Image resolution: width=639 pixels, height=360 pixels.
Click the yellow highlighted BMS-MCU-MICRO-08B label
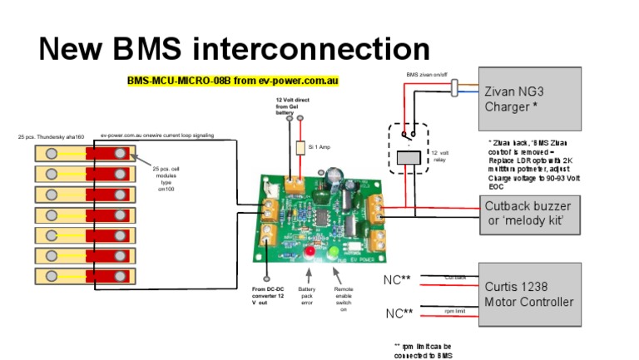click(233, 81)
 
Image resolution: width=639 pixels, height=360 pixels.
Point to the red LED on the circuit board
click(310, 250)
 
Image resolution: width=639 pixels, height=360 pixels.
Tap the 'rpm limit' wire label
click(454, 310)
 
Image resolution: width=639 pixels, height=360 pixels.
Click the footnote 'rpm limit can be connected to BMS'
click(425, 350)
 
